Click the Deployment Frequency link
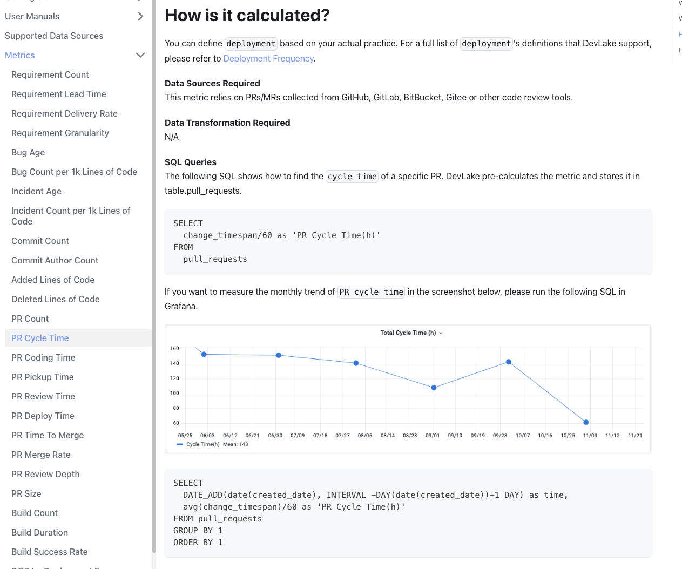pos(268,58)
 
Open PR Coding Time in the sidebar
pos(43,357)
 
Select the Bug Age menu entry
pos(28,152)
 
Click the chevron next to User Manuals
pos(140,16)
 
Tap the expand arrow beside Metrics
pos(140,55)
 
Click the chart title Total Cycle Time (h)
pos(408,333)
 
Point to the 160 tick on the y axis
pos(174,348)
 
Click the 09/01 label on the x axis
pos(433,435)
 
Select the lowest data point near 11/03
pos(586,422)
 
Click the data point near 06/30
pos(279,355)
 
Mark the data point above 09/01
pos(434,388)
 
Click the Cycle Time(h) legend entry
pos(202,444)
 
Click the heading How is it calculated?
pos(247,15)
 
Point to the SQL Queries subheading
pos(191,162)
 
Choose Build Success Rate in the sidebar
pos(50,552)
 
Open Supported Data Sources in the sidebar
pos(54,36)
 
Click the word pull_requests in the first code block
pos(215,259)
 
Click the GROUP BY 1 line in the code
pos(198,531)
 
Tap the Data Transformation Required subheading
pos(227,123)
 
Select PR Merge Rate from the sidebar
pos(41,455)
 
